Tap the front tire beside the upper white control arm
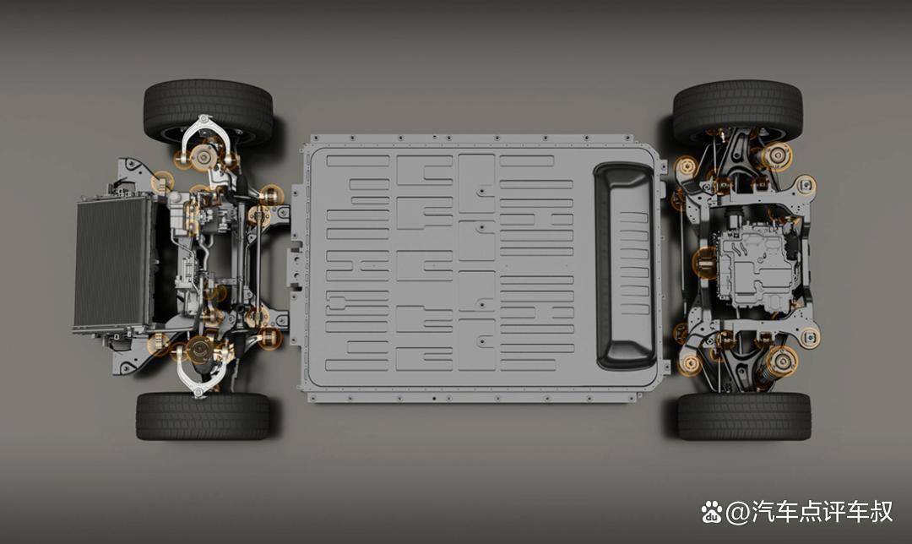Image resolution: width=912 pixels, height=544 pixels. point(208,111)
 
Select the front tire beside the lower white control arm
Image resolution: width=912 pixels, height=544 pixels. point(203,416)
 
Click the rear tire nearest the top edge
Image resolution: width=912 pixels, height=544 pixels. point(737,109)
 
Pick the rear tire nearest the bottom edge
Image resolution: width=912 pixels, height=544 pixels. point(744,416)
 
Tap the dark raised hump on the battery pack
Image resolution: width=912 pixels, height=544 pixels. point(625,265)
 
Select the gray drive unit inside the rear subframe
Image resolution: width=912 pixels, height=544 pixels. point(755,269)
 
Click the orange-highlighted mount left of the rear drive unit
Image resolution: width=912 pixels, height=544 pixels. point(706,263)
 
